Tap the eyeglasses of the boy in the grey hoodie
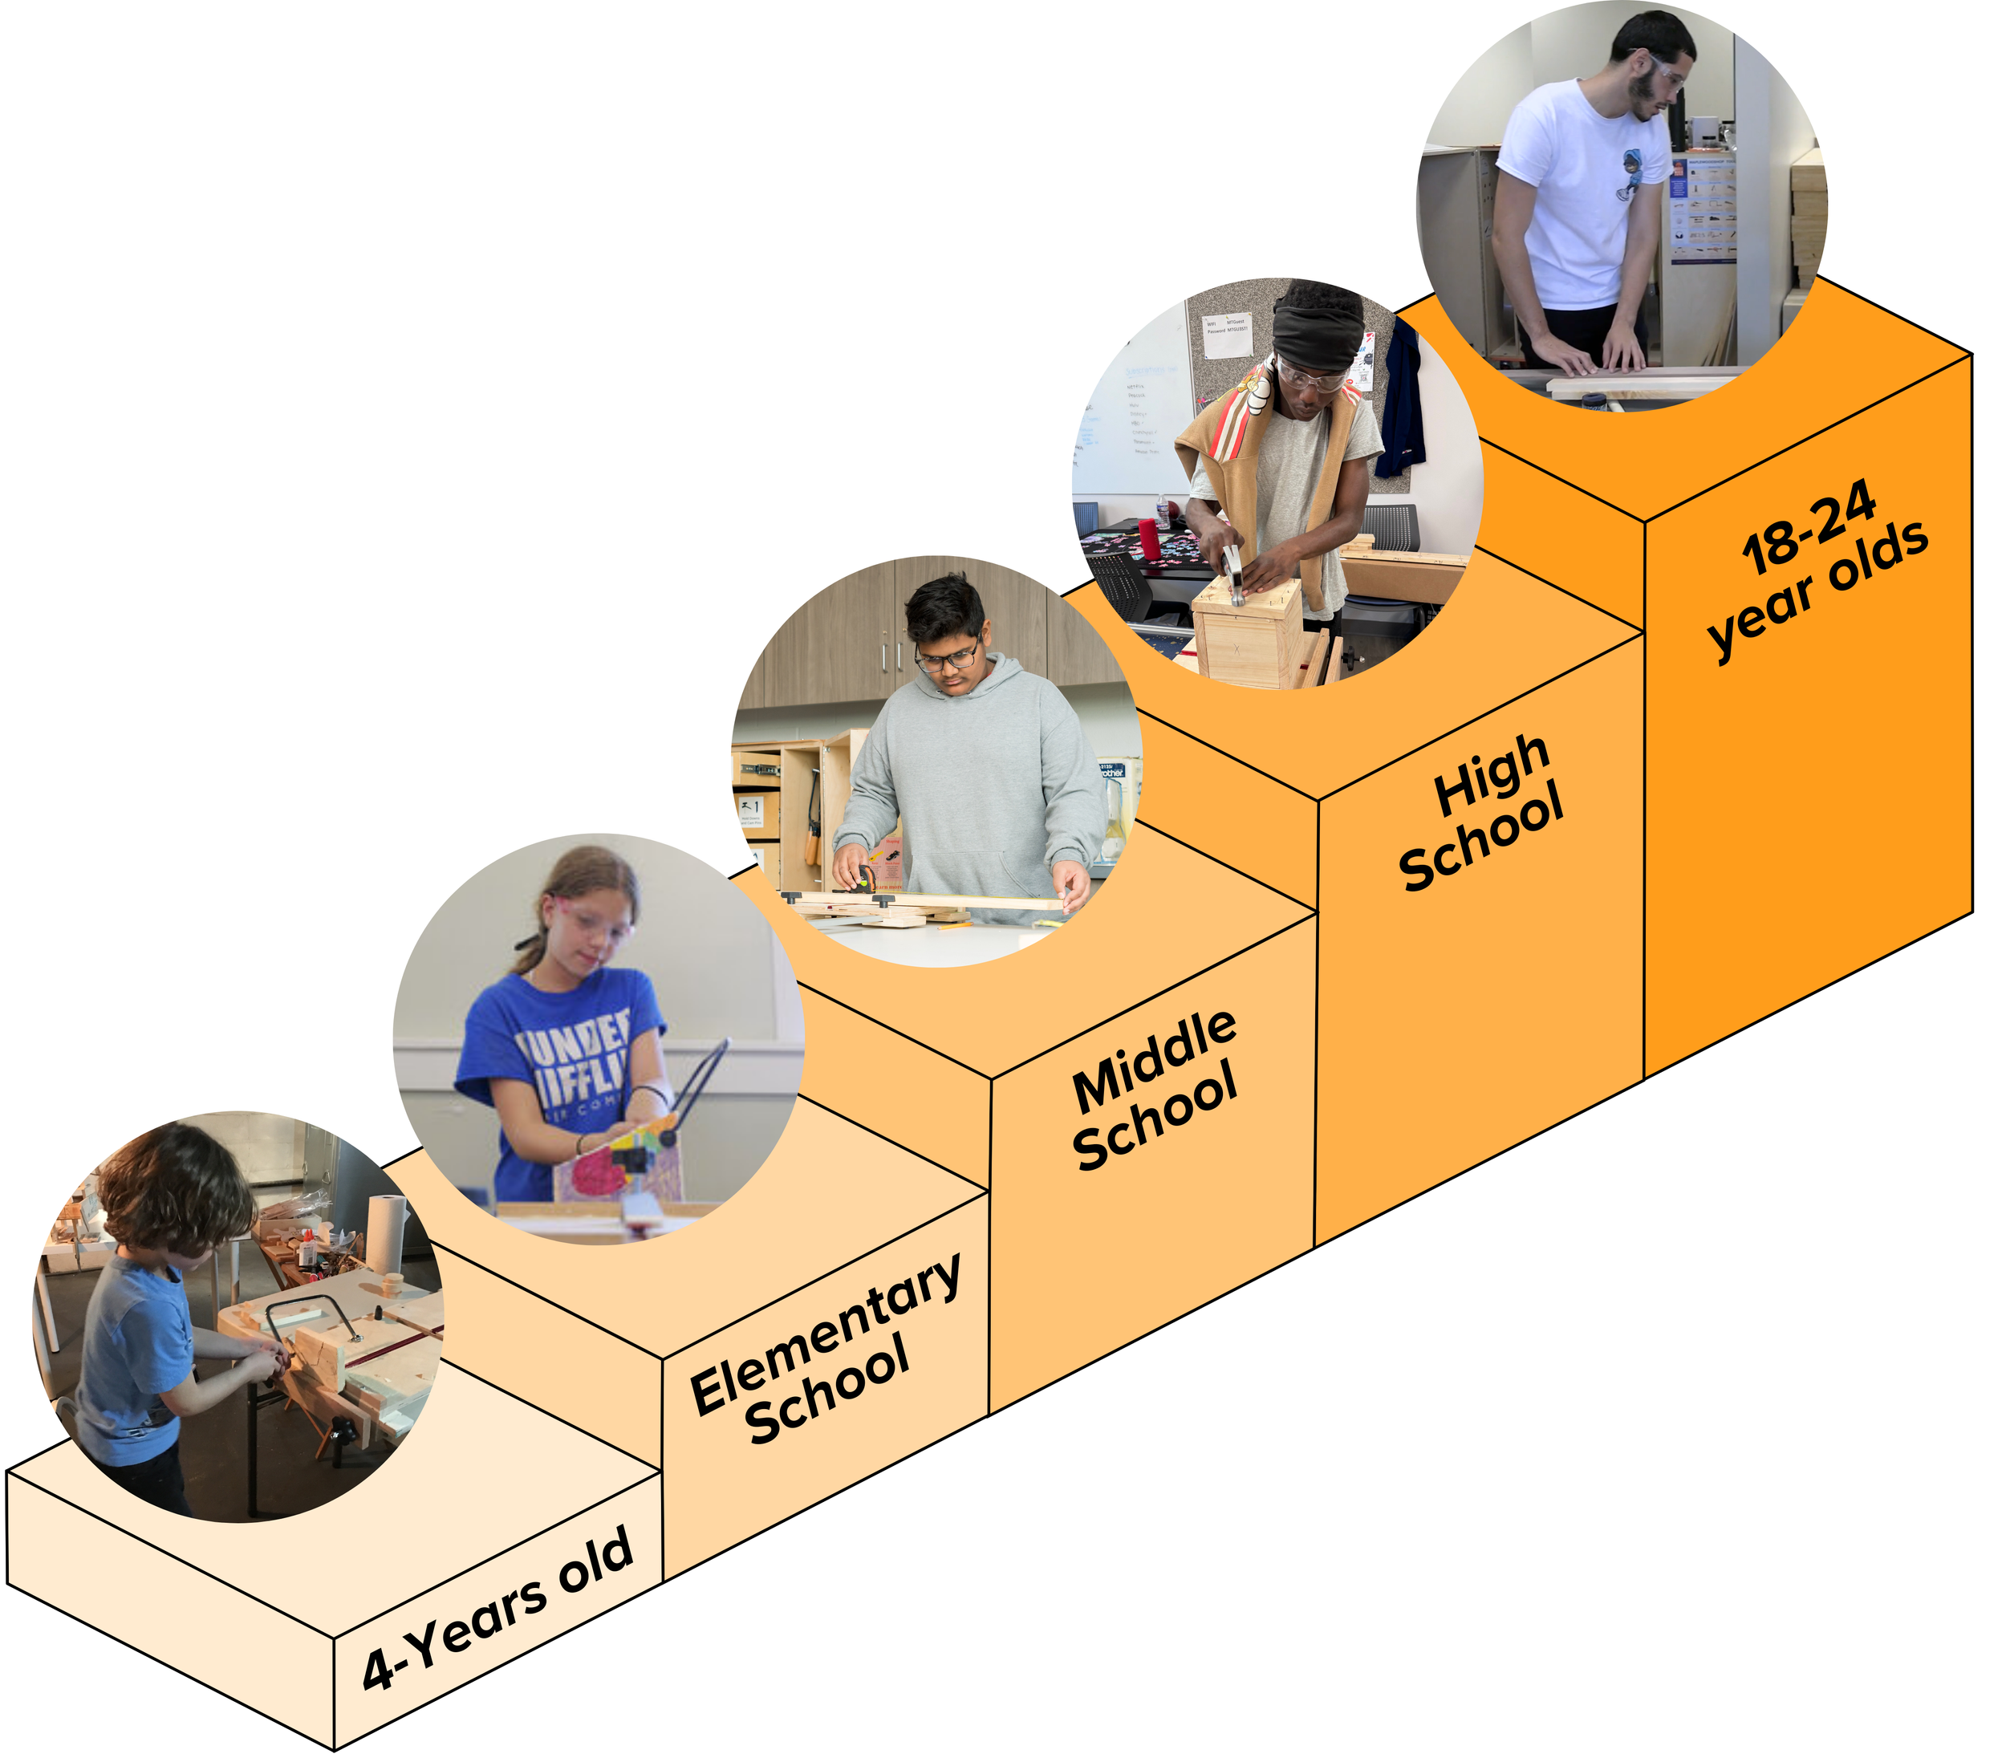948,655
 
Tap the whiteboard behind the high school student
1133,412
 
